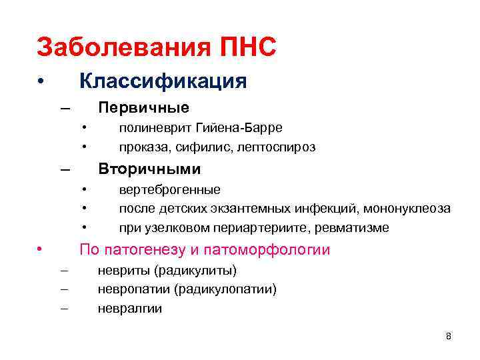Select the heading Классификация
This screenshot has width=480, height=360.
[x=163, y=81]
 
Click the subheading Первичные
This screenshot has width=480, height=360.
[x=143, y=108]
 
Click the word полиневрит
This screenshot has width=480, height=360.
[x=156, y=127]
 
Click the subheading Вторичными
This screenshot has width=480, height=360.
[x=149, y=169]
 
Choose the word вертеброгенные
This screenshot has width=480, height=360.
[x=170, y=189]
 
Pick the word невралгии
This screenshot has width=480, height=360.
[x=130, y=309]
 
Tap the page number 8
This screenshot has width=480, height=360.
[x=448, y=336]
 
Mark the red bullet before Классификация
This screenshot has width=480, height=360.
[x=41, y=82]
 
